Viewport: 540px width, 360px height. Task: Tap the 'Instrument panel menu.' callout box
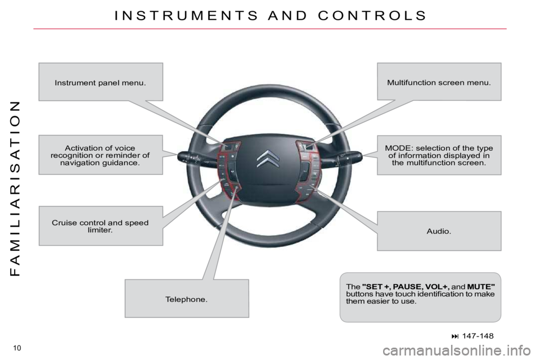(101, 82)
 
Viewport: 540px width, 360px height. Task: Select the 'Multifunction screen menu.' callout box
(439, 82)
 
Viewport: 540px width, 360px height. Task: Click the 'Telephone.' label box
(187, 298)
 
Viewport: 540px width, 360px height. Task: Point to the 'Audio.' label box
(439, 231)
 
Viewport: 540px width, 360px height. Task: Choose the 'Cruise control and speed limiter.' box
(101, 226)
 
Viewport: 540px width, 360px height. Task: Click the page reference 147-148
(478, 336)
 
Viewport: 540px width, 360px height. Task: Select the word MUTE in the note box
(481, 287)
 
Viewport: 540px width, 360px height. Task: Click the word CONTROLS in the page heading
(372, 16)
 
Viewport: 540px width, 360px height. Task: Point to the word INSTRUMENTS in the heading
(186, 16)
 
